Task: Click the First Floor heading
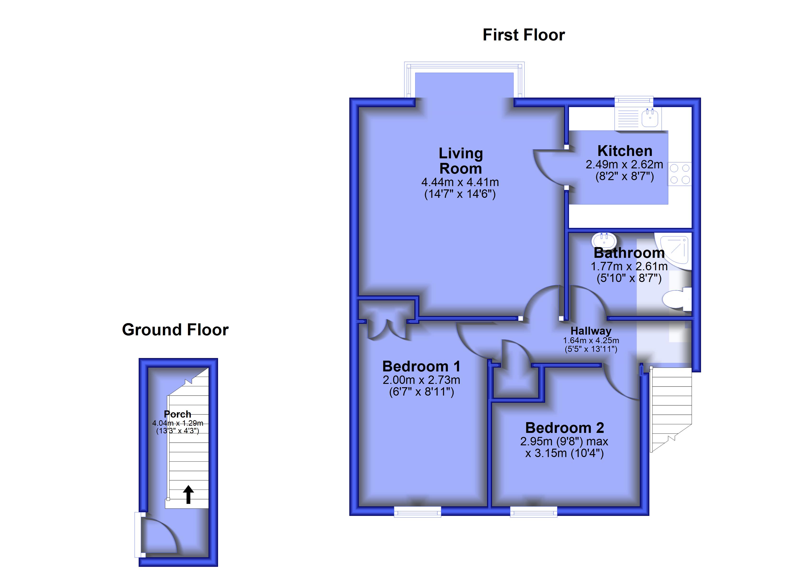tap(524, 35)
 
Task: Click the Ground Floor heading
tap(175, 330)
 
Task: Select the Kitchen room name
tap(625, 151)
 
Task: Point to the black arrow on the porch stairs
tap(188, 494)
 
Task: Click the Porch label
tap(177, 414)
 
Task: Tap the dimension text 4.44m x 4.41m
tap(460, 182)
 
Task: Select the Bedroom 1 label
tap(421, 367)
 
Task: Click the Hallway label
tap(591, 331)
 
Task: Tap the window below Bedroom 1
tap(417, 511)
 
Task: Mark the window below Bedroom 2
tap(534, 511)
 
